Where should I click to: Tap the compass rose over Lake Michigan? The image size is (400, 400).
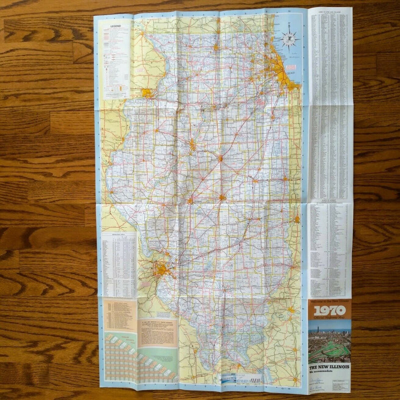[x=289, y=37]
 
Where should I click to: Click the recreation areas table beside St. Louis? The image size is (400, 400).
[x=119, y=265]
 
